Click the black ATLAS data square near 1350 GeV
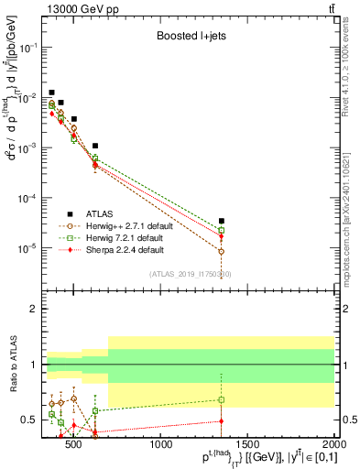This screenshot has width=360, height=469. [x=222, y=221]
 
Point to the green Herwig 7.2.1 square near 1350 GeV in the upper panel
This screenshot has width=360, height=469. [x=222, y=230]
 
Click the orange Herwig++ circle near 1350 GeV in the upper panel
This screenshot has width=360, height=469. [x=222, y=251]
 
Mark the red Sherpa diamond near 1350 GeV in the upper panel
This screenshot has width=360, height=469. [x=222, y=236]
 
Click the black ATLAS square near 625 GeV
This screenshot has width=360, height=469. [x=95, y=146]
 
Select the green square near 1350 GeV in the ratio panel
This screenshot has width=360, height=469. [x=222, y=399]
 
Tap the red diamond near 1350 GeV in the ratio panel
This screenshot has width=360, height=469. [x=222, y=421]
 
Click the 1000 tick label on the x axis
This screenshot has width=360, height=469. [x=161, y=444]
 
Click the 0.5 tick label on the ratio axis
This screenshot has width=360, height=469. [x=32, y=420]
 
